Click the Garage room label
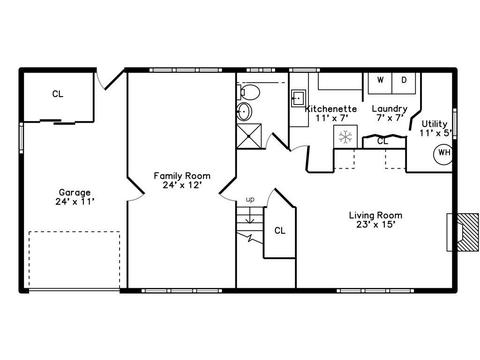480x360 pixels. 75,197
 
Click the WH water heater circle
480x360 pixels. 443,154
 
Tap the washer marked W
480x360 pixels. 380,83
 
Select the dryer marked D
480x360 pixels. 404,83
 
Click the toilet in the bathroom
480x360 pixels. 248,92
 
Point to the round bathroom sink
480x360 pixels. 245,111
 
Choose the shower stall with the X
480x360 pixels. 249,136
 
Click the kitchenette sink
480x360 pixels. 299,98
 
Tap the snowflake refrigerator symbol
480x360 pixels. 345,137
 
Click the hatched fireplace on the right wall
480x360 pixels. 467,232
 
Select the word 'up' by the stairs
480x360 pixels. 250,199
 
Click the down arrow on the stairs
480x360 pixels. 249,217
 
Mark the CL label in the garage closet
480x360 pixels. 58,94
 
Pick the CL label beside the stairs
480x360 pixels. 280,230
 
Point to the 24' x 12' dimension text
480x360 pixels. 182,185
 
